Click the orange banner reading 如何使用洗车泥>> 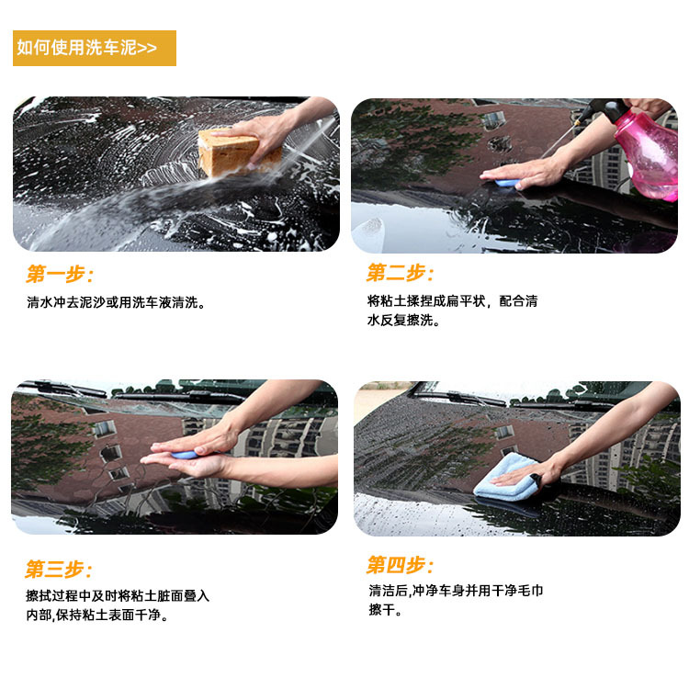click(x=95, y=48)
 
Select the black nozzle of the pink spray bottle click(x=606, y=110)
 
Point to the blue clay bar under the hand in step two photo click(x=506, y=183)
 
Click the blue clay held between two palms click(x=184, y=455)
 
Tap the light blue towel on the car click(x=506, y=478)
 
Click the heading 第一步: click(x=60, y=274)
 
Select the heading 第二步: click(x=400, y=273)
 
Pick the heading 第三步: click(x=59, y=569)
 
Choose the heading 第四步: click(x=400, y=565)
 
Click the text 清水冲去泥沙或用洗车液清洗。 click(x=116, y=302)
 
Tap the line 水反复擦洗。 click(x=403, y=321)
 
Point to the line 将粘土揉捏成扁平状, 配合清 click(x=453, y=301)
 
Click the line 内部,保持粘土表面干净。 click(x=97, y=615)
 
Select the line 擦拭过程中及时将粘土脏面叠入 click(x=118, y=596)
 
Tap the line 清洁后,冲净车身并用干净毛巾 click(x=456, y=591)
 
